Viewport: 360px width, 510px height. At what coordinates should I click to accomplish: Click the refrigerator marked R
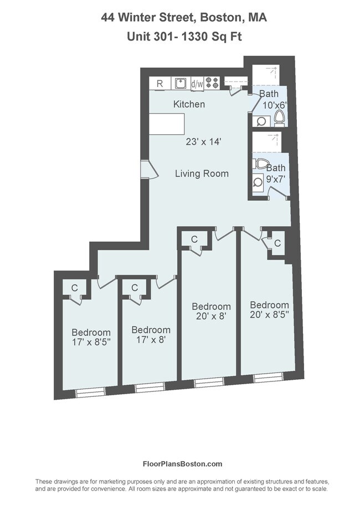(x=160, y=84)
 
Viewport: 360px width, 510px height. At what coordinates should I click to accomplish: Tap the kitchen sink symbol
(x=180, y=84)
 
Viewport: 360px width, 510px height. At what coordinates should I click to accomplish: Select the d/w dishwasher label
(x=197, y=84)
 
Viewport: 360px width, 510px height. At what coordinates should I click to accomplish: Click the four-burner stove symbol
(x=212, y=84)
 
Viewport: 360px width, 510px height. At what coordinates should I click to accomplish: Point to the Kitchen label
(x=189, y=104)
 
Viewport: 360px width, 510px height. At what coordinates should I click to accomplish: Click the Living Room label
(x=202, y=174)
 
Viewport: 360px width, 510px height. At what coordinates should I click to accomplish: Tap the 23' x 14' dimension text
(x=203, y=142)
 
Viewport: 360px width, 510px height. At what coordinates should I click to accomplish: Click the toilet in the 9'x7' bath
(x=261, y=164)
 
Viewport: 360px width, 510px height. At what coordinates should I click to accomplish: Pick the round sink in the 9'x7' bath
(x=258, y=181)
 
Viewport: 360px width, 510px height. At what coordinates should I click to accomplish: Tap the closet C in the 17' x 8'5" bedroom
(x=74, y=288)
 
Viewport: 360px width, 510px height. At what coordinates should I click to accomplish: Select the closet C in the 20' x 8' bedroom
(x=194, y=239)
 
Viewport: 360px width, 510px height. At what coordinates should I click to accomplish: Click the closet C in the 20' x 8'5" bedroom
(x=277, y=243)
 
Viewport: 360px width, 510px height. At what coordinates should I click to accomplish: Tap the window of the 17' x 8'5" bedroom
(x=90, y=392)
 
